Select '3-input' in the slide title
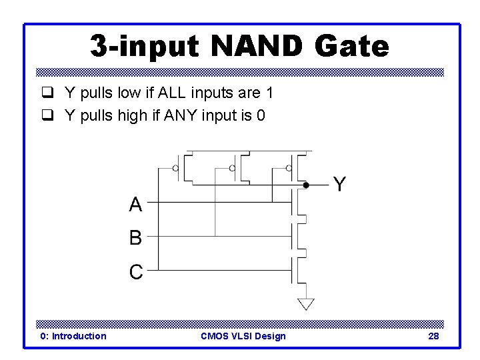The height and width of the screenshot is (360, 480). (x=147, y=47)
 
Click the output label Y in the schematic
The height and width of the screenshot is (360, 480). (x=339, y=185)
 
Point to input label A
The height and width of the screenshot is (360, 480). (x=135, y=204)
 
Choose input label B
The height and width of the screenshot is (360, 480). (x=135, y=237)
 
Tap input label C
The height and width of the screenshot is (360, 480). (x=135, y=272)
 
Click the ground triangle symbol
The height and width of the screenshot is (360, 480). (x=305, y=304)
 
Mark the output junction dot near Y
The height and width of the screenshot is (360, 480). (x=305, y=185)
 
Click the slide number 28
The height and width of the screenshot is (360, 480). (x=433, y=336)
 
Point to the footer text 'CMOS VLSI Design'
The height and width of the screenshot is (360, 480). (x=243, y=336)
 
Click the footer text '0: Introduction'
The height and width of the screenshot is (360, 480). (x=73, y=336)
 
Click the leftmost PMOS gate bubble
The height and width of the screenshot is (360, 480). (x=176, y=168)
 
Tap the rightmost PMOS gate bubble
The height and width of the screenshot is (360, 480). (x=288, y=168)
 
